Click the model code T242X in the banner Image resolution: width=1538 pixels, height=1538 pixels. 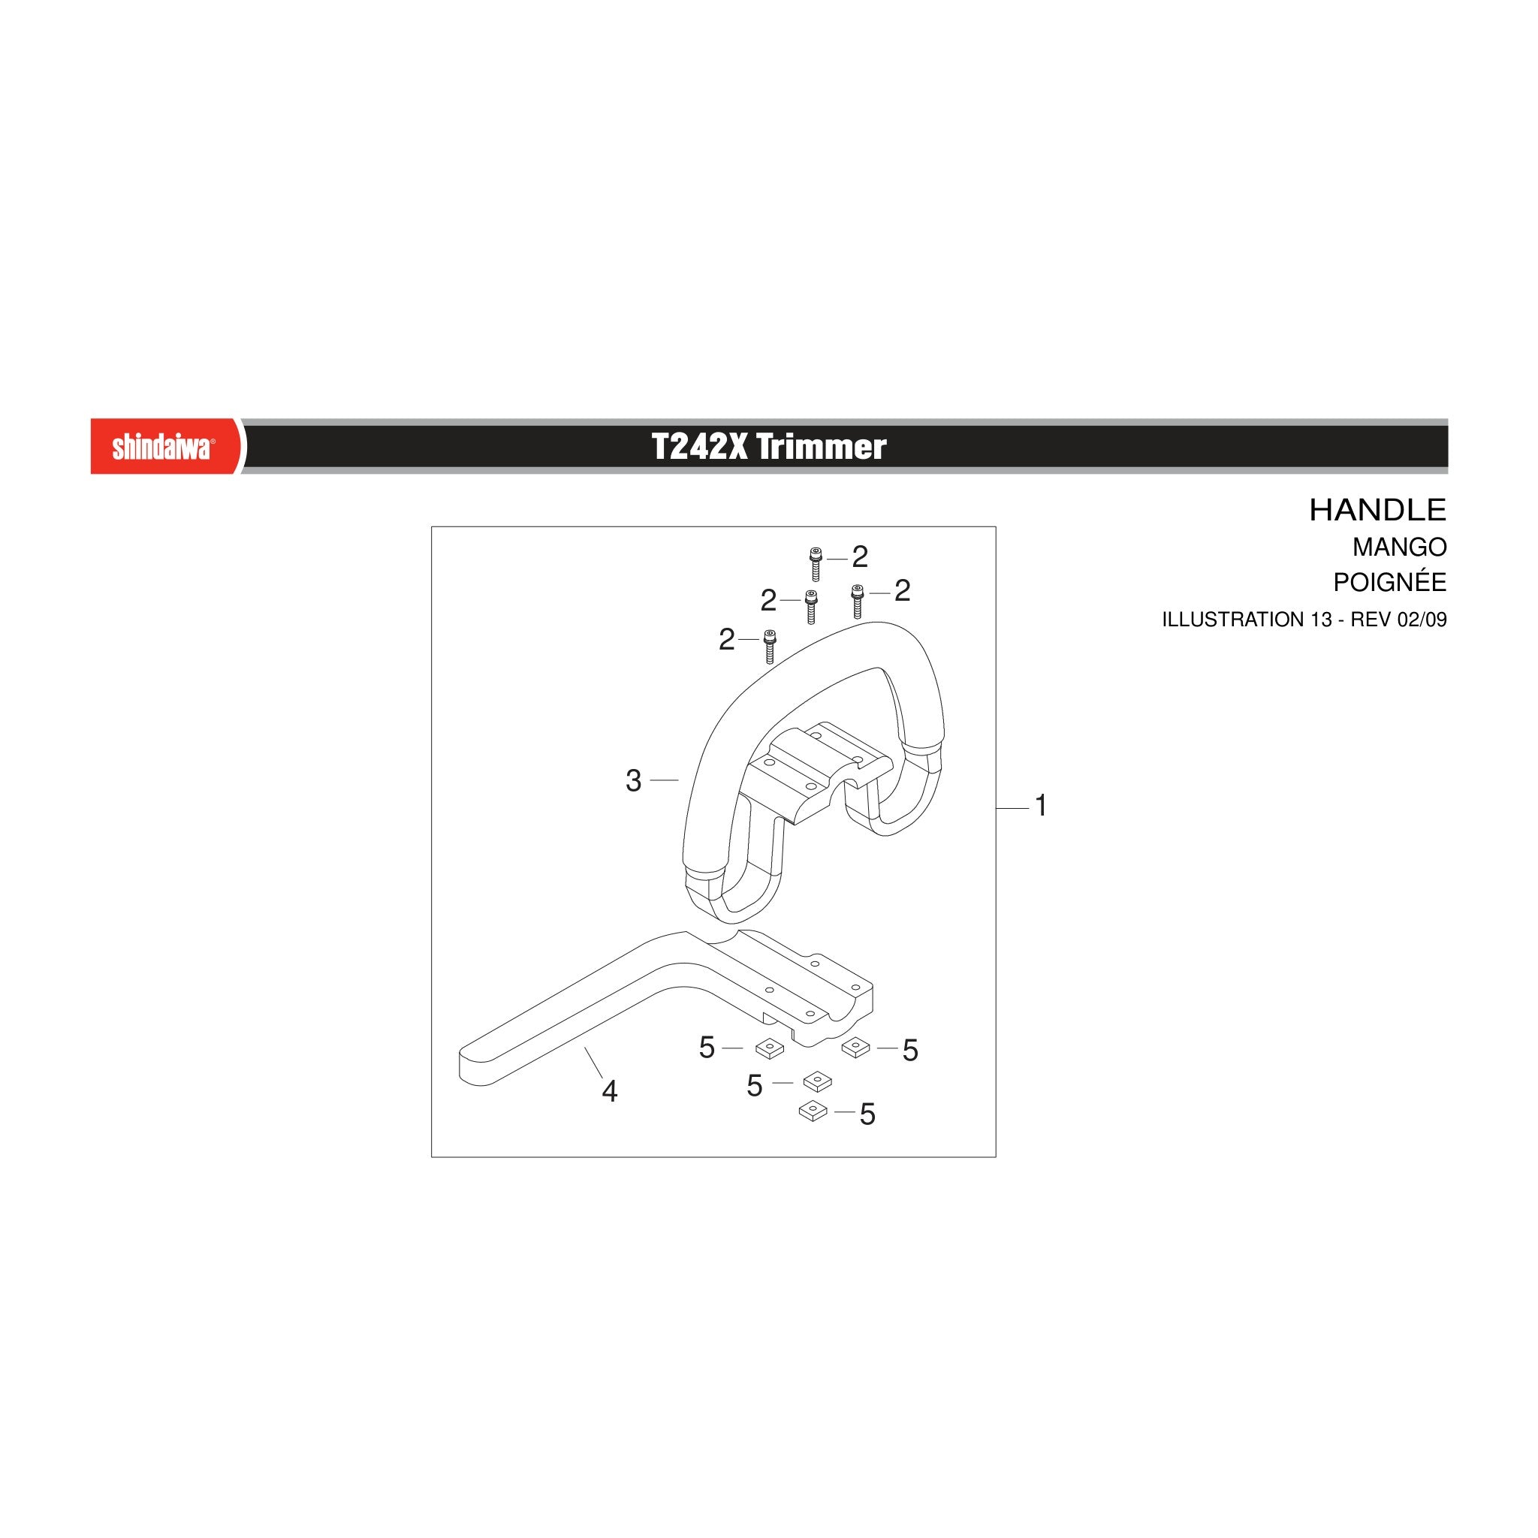pyautogui.click(x=700, y=448)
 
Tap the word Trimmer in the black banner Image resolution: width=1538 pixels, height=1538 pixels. pyautogui.click(x=822, y=448)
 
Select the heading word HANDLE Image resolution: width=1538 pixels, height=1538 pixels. pyautogui.click(x=1377, y=510)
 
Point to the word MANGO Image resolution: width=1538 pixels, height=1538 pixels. pyautogui.click(x=1400, y=547)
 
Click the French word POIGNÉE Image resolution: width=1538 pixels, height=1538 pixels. pyautogui.click(x=1390, y=582)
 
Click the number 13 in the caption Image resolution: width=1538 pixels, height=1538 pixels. pyautogui.click(x=1321, y=620)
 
